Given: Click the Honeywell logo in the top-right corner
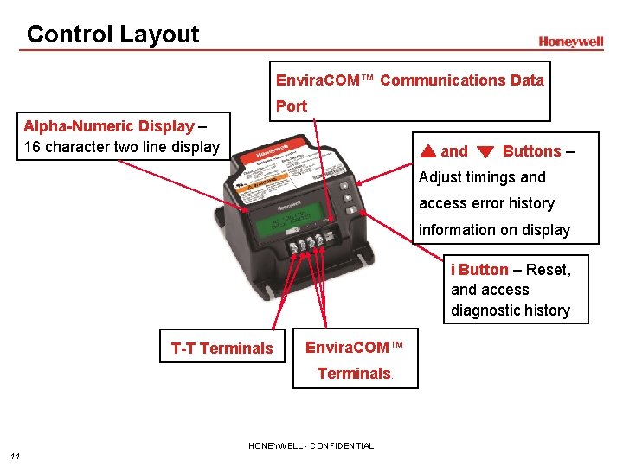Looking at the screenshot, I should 571,42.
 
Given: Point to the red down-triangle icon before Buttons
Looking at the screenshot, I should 485,152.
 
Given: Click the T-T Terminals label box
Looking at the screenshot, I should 222,349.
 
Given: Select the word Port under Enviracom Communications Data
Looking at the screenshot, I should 292,106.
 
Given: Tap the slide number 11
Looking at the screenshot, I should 15,456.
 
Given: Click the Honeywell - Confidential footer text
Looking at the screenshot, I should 311,446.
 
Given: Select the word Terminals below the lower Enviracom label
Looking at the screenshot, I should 354,374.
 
